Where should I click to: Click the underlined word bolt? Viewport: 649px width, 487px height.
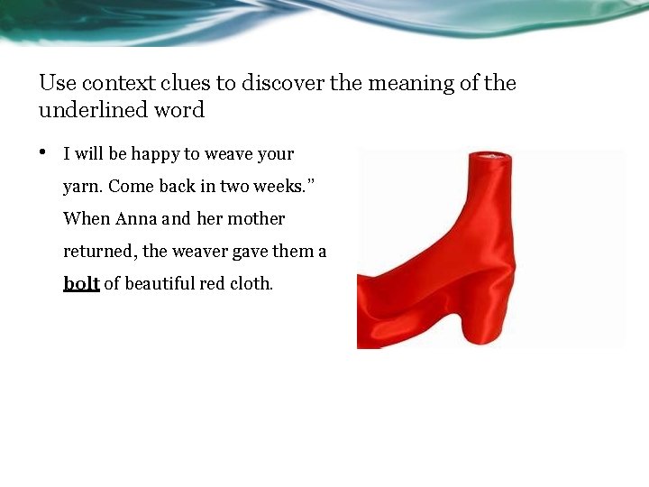[x=81, y=283]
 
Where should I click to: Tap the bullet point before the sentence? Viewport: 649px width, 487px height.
[x=42, y=152]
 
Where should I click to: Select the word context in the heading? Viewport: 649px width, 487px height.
[x=120, y=83]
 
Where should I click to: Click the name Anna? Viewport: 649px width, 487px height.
[x=136, y=218]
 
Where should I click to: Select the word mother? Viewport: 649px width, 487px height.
[x=256, y=218]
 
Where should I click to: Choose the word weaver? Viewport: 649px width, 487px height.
[x=199, y=251]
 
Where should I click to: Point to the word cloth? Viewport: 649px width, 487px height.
[x=250, y=283]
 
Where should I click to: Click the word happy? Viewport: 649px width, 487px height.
[x=155, y=154]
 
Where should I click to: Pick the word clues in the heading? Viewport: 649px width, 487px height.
[x=185, y=83]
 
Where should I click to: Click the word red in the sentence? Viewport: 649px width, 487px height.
[x=211, y=283]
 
